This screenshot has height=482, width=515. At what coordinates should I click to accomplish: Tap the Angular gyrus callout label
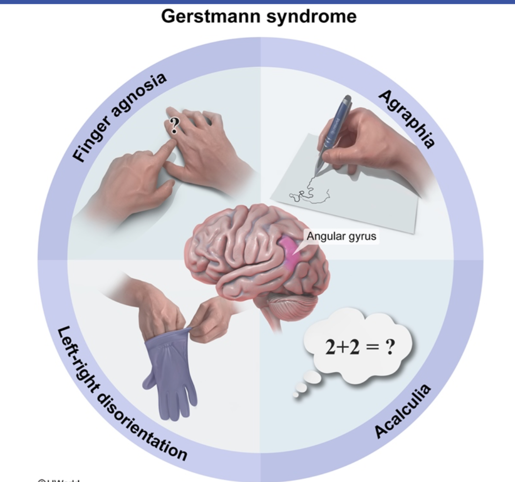[x=341, y=236]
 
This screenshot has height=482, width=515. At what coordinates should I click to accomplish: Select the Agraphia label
[x=406, y=119]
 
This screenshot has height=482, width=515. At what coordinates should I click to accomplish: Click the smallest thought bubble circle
[x=295, y=395]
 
